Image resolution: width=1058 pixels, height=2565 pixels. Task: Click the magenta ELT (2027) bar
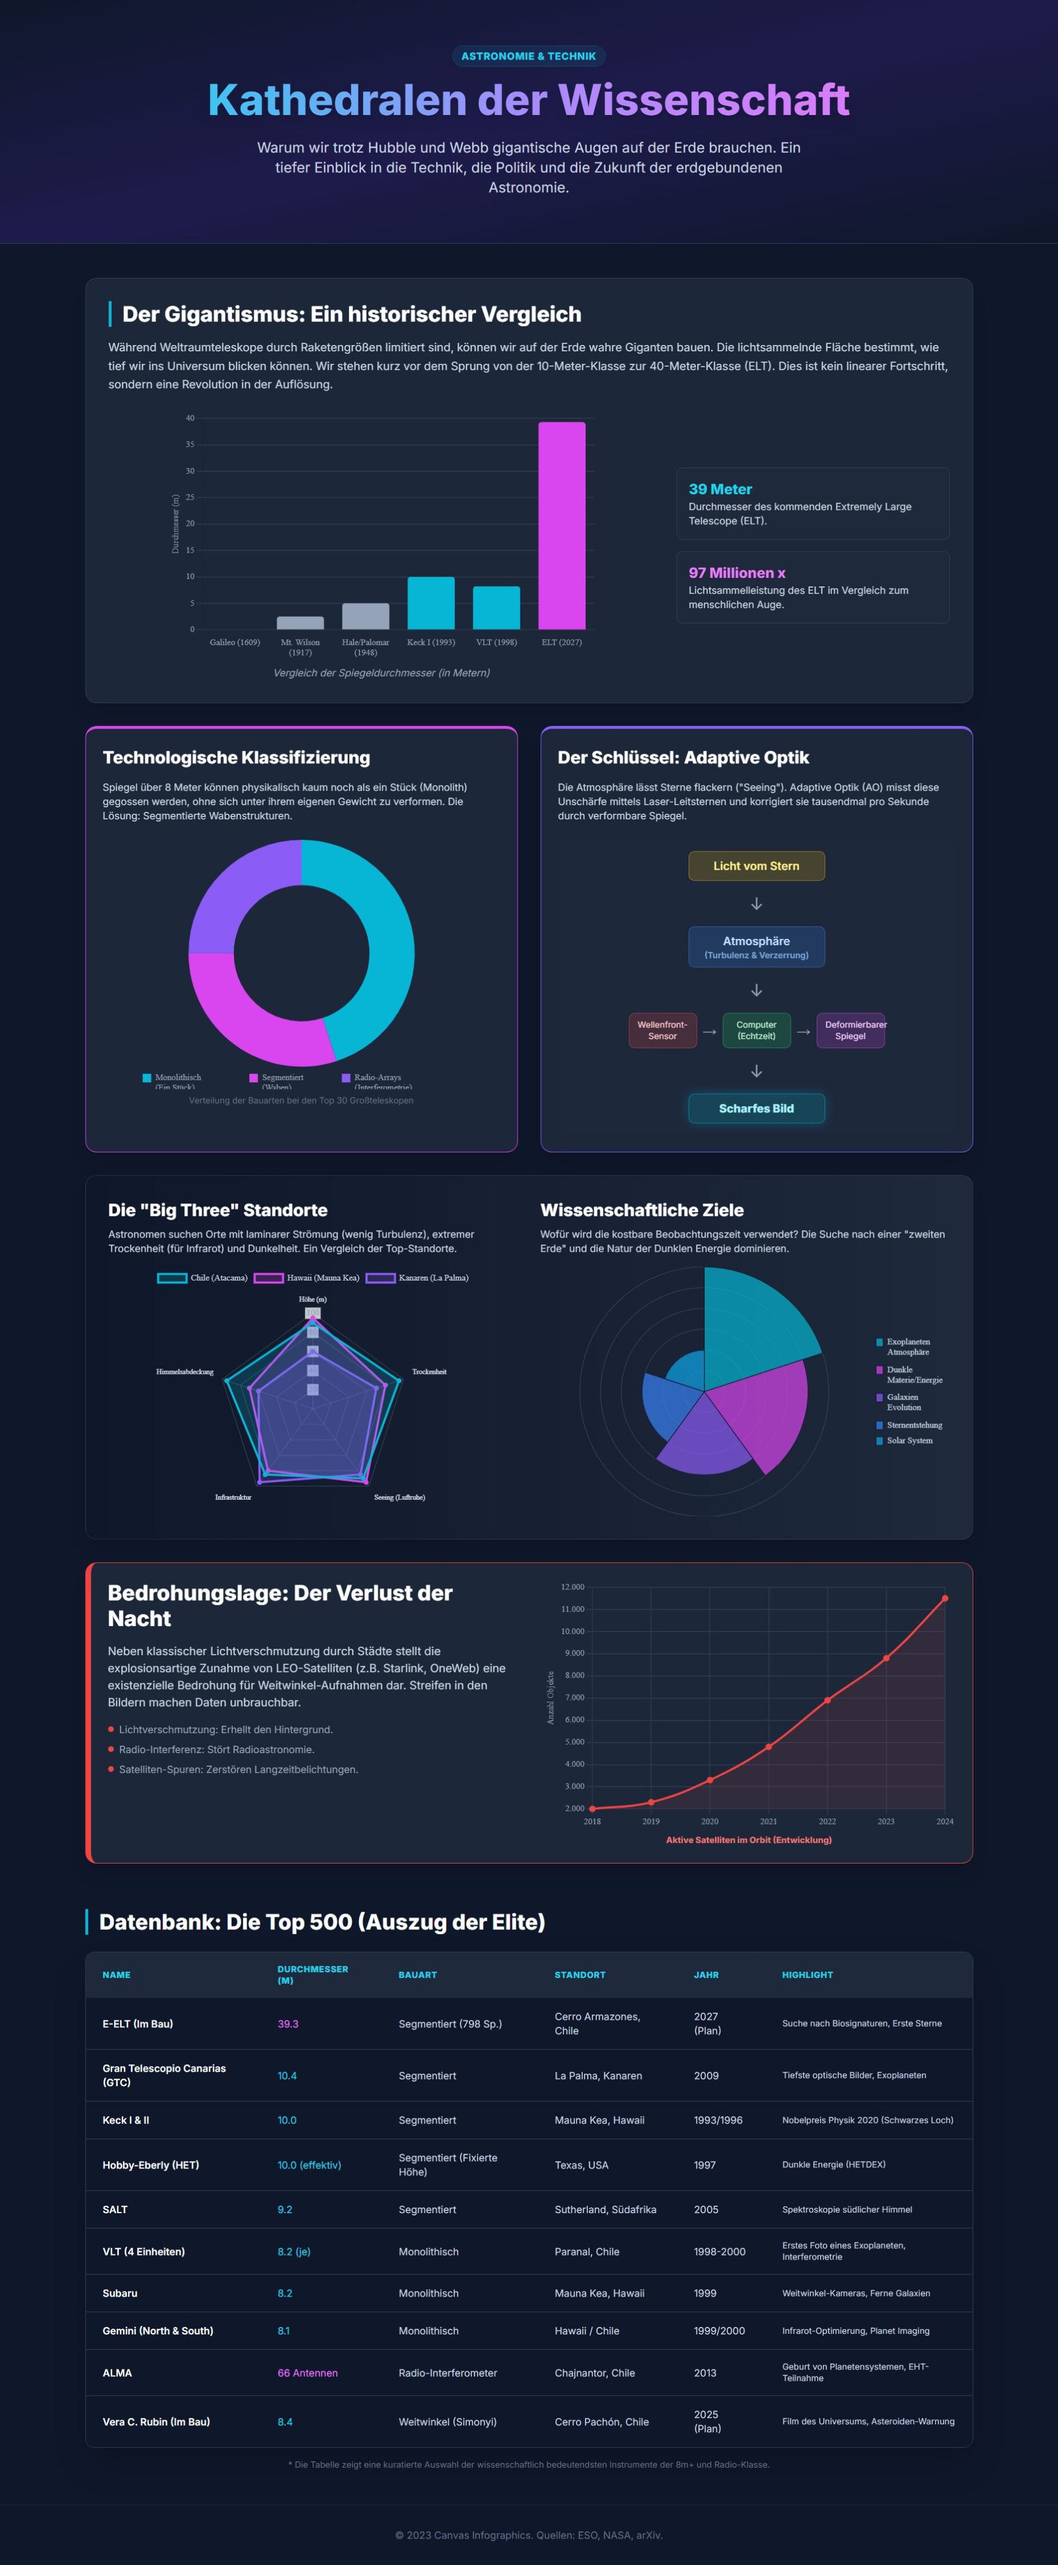pos(562,526)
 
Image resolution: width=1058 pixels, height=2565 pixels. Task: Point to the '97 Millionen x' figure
pos(737,573)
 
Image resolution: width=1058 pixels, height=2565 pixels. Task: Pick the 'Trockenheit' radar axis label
pos(429,1372)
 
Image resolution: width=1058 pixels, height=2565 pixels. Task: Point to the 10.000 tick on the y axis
pos(572,1631)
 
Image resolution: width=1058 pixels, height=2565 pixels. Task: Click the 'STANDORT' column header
pos(579,1975)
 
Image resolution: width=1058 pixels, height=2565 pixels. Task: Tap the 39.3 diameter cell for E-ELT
pos(288,2023)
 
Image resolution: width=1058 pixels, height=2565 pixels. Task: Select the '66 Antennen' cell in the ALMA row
pos(308,2373)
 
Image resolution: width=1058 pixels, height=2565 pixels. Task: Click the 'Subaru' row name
pos(121,2293)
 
